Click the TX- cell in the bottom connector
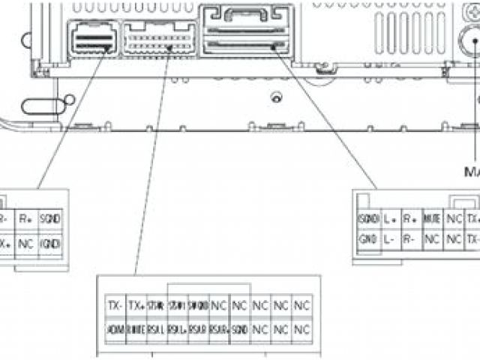click(115, 306)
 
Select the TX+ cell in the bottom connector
click(136, 306)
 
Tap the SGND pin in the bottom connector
click(239, 329)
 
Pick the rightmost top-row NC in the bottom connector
click(301, 306)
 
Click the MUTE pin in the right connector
click(431, 219)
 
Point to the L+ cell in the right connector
click(389, 219)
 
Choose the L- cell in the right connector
click(389, 239)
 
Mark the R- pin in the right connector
click(410, 239)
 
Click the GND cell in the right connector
click(367, 239)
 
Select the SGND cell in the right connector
click(367, 219)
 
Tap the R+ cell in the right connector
click(410, 219)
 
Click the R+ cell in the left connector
click(26, 220)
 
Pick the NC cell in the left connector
click(26, 243)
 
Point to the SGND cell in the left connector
click(50, 220)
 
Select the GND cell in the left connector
click(50, 243)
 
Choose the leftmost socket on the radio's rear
click(91, 37)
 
